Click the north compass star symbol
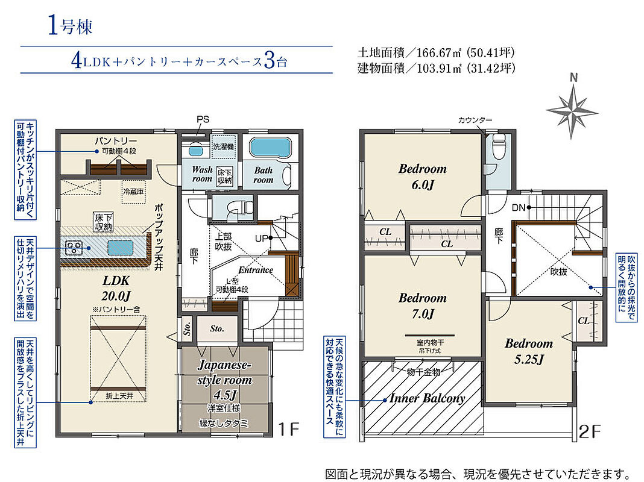pos(572,110)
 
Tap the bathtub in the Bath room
pos(270,148)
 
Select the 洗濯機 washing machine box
pos(224,146)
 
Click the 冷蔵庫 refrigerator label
pos(133,191)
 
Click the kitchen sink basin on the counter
pos(121,248)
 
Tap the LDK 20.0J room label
pos(116,288)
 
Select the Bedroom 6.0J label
pos(423,177)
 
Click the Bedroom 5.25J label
pos(529,351)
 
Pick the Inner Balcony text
pos(427,398)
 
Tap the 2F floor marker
pos(590,431)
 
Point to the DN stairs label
pos(519,208)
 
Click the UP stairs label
pos(261,238)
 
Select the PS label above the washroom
pos(203,119)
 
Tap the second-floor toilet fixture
pos(499,145)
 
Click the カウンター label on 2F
pos(475,120)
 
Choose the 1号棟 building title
pos(70,26)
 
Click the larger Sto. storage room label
pos(217,328)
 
